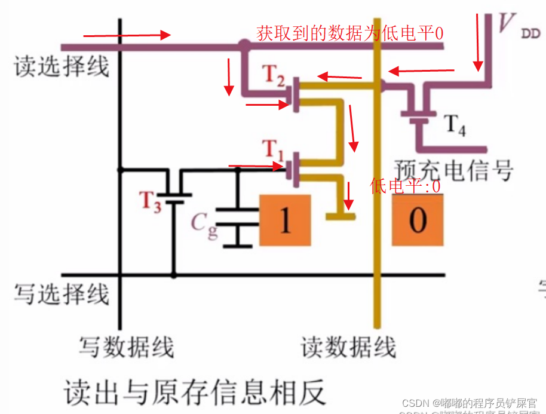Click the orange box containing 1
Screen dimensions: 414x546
[285, 220]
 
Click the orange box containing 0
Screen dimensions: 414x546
[418, 220]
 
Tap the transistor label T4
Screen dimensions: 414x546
[455, 126]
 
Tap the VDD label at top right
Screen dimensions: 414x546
[517, 27]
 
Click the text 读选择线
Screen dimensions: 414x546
[62, 67]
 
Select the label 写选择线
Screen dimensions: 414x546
[62, 294]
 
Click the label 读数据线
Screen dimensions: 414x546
[348, 346]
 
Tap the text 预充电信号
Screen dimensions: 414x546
[454, 170]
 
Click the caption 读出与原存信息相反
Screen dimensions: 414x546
[195, 391]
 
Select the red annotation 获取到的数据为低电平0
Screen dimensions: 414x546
[350, 33]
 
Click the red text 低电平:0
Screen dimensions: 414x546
[405, 186]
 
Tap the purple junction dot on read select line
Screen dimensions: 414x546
[244, 45]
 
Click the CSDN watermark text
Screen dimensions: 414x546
[469, 403]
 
